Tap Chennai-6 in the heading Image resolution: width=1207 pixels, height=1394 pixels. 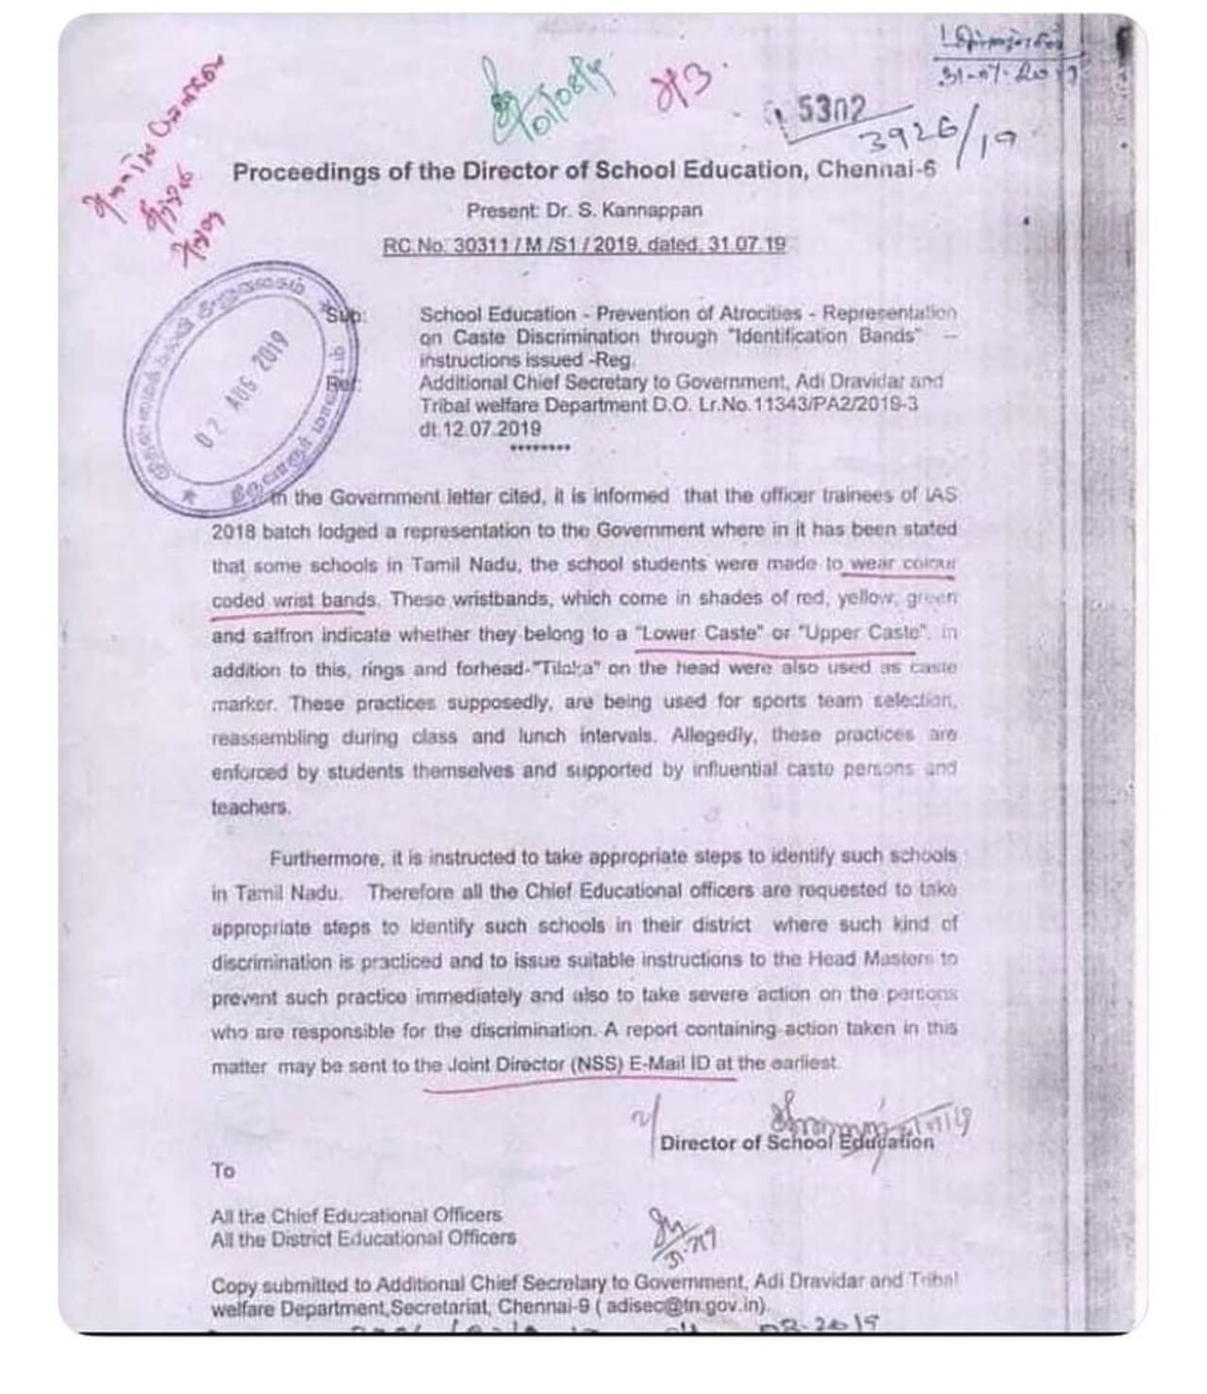pos(876,170)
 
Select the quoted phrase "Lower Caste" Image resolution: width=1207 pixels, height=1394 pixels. pos(699,634)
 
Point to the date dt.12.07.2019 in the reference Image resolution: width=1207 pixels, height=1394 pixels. pos(480,428)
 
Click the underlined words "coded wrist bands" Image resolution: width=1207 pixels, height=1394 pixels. pos(296,600)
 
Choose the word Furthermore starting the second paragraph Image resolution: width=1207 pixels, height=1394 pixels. pos(326,858)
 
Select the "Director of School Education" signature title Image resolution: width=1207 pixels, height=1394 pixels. pos(797,1143)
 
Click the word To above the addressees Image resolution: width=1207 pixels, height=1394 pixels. pos(223,1170)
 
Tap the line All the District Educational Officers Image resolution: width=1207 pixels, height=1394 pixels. pos(364,1237)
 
